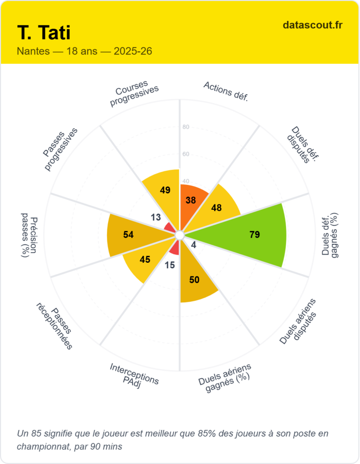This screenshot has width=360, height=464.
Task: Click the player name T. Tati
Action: click(x=44, y=33)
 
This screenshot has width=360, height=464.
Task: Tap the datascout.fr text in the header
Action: click(x=312, y=25)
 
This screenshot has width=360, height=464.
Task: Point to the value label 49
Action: click(x=165, y=190)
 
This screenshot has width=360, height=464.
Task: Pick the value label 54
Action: click(x=128, y=235)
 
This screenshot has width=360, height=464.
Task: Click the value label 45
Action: click(x=145, y=260)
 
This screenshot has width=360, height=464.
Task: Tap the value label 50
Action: click(x=194, y=280)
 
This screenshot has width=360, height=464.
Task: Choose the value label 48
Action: click(x=216, y=208)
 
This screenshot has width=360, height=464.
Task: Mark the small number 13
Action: click(x=156, y=217)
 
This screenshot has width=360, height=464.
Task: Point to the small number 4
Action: click(x=194, y=246)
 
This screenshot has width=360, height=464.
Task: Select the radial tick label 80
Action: click(x=186, y=127)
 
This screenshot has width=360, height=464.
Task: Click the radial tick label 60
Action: click(x=186, y=154)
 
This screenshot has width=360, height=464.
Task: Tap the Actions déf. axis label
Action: click(x=225, y=92)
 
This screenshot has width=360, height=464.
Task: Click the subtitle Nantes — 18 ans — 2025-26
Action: click(x=84, y=51)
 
